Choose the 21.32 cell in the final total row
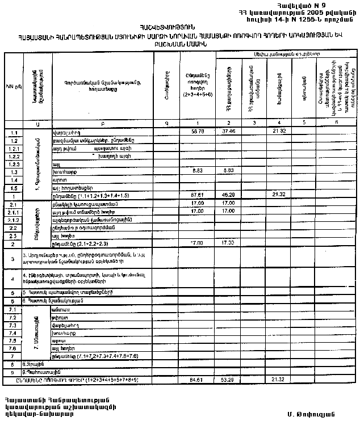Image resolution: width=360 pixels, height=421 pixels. (278, 378)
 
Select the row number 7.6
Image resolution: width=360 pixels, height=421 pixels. (14, 348)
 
